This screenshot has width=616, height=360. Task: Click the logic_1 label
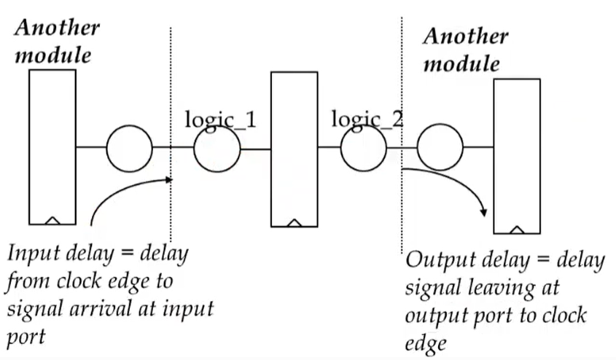(x=219, y=119)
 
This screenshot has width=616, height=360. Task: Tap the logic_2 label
(x=367, y=118)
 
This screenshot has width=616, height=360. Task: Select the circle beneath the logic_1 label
(x=217, y=149)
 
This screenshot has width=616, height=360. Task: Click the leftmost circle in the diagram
(x=129, y=149)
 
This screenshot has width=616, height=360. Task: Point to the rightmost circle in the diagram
(x=440, y=149)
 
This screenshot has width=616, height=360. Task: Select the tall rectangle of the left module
(x=52, y=146)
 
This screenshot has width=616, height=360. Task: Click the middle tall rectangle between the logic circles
(x=294, y=149)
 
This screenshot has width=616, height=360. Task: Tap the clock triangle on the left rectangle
(x=53, y=219)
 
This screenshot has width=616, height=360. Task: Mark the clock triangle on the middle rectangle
(x=295, y=222)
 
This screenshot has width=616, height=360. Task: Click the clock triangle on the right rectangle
(x=517, y=229)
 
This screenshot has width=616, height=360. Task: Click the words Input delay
(x=58, y=255)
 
